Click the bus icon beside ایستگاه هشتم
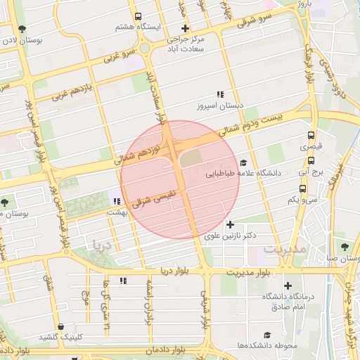click(138, 15)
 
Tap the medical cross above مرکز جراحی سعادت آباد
click(185, 29)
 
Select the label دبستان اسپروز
click(219, 107)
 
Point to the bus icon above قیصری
click(311, 136)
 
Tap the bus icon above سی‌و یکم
click(302, 188)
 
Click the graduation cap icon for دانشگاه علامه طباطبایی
click(243, 162)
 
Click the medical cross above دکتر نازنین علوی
click(229, 224)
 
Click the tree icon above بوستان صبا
click(344, 247)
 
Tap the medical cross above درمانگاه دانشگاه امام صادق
click(288, 285)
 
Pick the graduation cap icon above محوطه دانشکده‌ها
click(267, 335)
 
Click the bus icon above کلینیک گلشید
click(63, 327)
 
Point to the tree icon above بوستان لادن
click(22, 30)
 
